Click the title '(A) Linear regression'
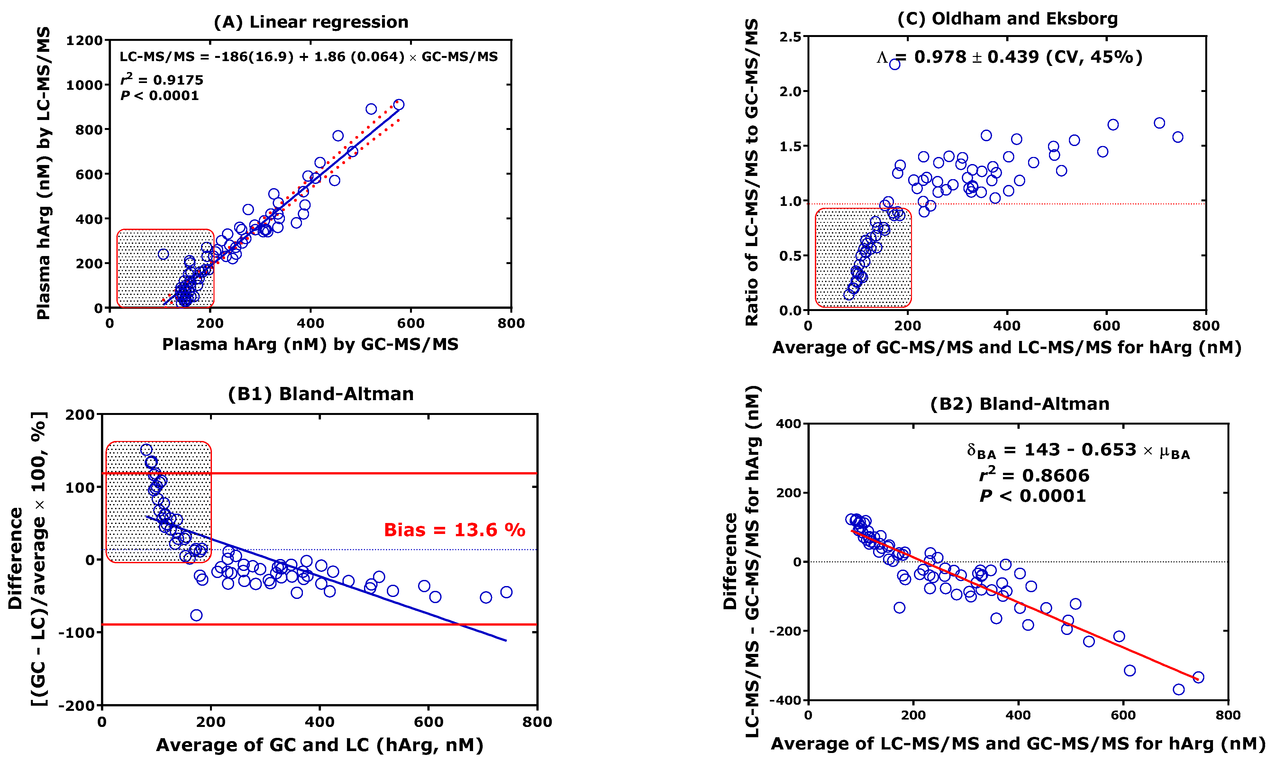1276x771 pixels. point(311,22)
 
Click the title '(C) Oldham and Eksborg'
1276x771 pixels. point(1007,19)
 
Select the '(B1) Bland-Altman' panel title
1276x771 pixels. point(321,394)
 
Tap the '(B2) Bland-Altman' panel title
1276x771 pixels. point(1019,404)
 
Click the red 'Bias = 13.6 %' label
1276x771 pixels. point(454,530)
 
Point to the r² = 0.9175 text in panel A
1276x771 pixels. point(161,80)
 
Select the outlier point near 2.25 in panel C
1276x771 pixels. point(894,64)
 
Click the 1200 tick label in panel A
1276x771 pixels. point(84,41)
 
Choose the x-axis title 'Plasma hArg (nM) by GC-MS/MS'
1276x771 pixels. point(310,344)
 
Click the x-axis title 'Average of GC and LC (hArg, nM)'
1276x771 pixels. point(320,745)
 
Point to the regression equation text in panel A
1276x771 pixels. point(309,57)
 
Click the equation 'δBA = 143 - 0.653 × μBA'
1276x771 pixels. point(1078,451)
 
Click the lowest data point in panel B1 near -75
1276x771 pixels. point(196,615)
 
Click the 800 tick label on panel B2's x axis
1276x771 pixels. point(1227,716)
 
